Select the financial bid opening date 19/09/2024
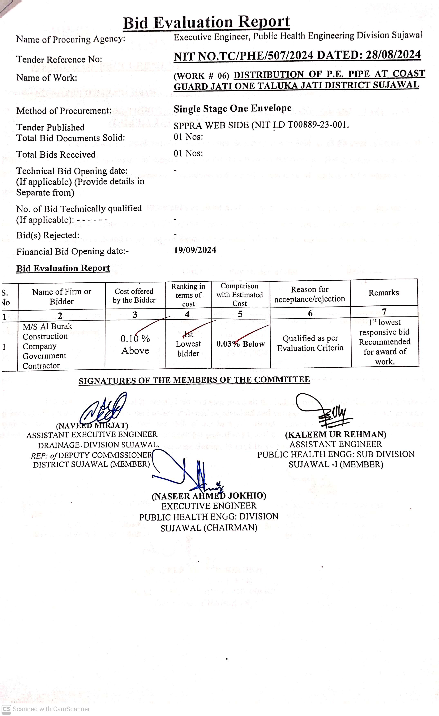[195, 250]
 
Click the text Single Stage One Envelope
[232, 108]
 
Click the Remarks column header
[384, 293]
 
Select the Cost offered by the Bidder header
[134, 295]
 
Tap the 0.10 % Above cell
[135, 344]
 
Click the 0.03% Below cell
[240, 344]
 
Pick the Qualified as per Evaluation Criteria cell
[310, 343]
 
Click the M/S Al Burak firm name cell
[47, 346]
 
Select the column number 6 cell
[310, 313]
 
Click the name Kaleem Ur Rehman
[336, 435]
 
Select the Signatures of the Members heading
[194, 380]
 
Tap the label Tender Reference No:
[59, 59]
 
